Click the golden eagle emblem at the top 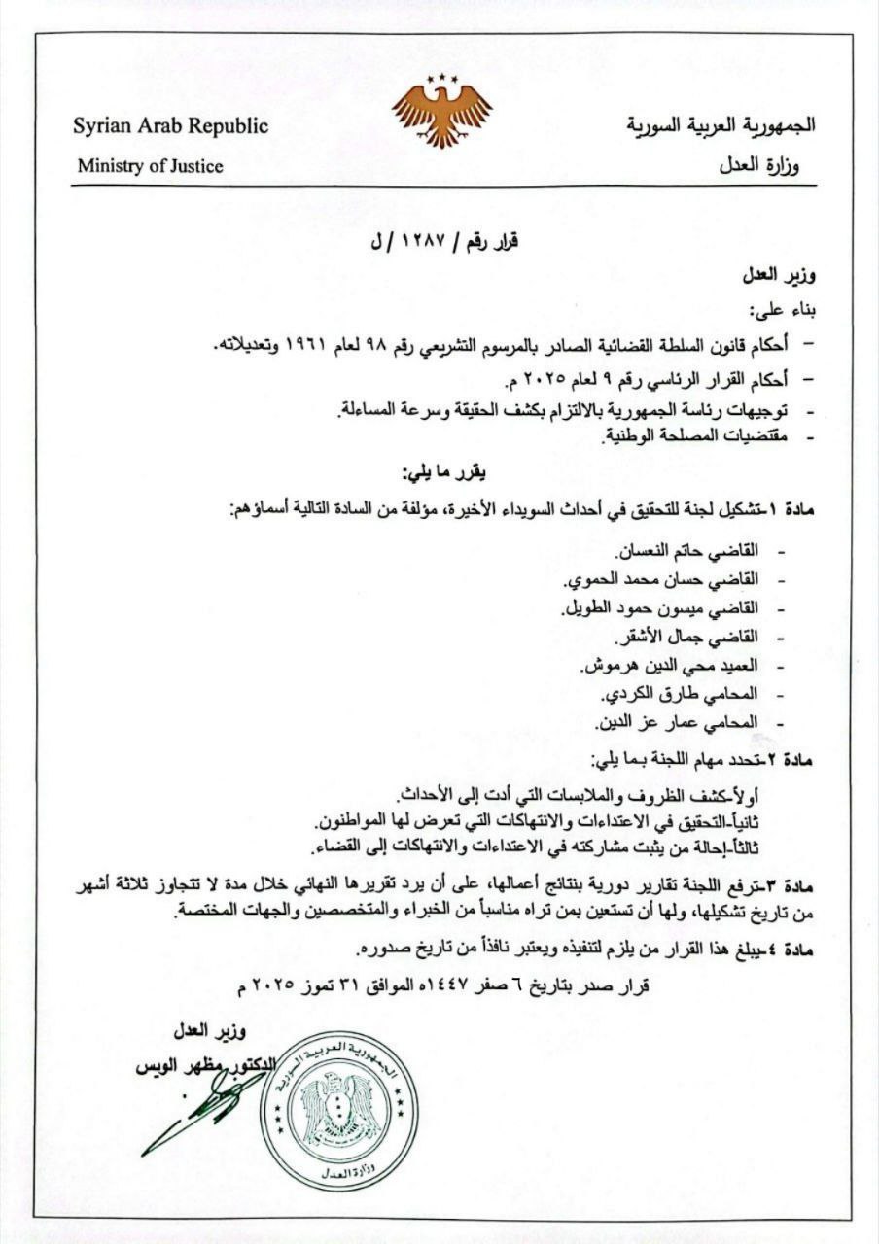point(440,112)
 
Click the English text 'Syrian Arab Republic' point(171,127)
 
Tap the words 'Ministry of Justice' point(151,166)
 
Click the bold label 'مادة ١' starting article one point(790,509)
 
